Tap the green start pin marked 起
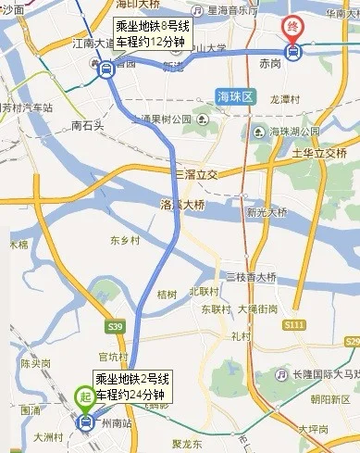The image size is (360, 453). (84, 396)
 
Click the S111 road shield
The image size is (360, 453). (320, 324)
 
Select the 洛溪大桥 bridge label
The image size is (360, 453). (180, 205)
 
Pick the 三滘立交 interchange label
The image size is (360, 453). (194, 174)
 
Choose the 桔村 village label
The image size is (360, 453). (167, 295)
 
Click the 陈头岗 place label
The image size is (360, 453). (34, 363)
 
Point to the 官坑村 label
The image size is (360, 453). (113, 356)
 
